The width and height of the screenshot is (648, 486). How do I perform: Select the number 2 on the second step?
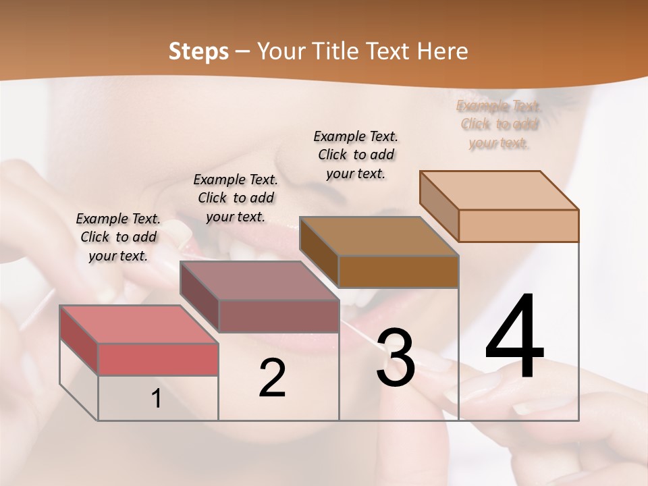pos(272,378)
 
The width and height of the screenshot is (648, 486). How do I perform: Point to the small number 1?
pos(156,399)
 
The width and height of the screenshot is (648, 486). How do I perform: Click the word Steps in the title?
pos(198,51)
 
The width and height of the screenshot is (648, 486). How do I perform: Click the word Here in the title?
pos(443,51)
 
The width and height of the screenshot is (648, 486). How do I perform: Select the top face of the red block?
pos(138,325)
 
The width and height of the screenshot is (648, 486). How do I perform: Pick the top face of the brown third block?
pos(378,236)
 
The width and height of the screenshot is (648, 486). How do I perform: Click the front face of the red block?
pos(158,359)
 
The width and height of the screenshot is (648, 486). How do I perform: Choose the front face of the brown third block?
pos(398,271)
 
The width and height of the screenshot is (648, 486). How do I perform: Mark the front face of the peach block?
pos(518,225)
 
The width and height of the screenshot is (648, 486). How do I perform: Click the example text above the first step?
pos(118,237)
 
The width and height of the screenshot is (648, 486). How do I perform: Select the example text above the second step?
pos(236,198)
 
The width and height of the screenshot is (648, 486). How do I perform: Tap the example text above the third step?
pos(356,155)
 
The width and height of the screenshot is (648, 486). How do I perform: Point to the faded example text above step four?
pos(499,124)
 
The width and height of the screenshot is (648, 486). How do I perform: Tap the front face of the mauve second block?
pos(278,316)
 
